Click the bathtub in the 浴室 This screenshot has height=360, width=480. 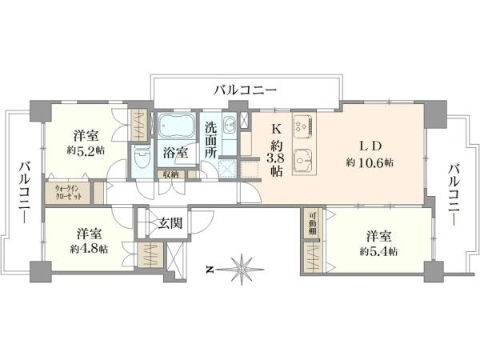(175, 127)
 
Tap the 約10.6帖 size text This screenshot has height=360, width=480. (369, 162)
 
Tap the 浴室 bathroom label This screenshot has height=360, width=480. (176, 151)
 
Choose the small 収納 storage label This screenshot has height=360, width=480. (171, 174)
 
